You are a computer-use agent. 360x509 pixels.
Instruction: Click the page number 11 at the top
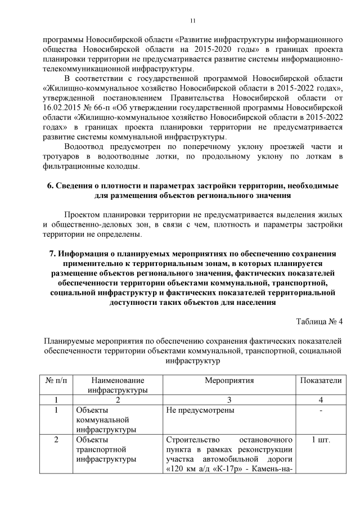tap(193, 21)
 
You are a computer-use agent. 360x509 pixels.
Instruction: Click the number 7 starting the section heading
tap(53, 254)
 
